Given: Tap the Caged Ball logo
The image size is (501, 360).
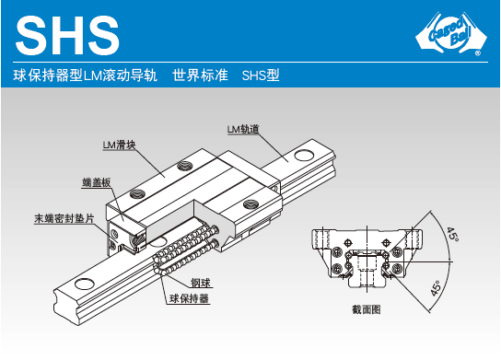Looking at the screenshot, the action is pyautogui.click(x=451, y=33).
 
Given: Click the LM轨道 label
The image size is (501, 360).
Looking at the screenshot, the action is pyautogui.click(x=243, y=130).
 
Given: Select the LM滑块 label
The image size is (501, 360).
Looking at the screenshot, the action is pyautogui.click(x=119, y=145).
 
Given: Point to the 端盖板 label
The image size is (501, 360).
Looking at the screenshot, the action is pyautogui.click(x=97, y=182).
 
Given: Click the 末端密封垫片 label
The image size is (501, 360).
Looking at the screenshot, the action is pyautogui.click(x=64, y=218).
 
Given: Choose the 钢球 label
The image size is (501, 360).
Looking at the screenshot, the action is pyautogui.click(x=201, y=283).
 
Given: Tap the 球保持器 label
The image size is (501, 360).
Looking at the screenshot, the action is pyautogui.click(x=189, y=298).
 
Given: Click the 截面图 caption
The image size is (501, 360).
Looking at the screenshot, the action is pyautogui.click(x=367, y=309).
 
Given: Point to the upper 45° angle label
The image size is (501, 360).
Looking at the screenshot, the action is pyautogui.click(x=452, y=234).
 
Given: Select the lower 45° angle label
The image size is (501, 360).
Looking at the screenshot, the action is pyautogui.click(x=436, y=288).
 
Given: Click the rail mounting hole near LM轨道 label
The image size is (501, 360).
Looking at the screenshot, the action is pyautogui.click(x=304, y=156).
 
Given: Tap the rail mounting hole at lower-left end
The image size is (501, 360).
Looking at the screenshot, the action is pyautogui.click(x=84, y=284).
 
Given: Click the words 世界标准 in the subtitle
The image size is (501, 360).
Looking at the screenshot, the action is pyautogui.click(x=200, y=75).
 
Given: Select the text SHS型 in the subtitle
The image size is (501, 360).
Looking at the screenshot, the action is pyautogui.click(x=261, y=75).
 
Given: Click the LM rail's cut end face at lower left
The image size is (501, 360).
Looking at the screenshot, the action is pyautogui.click(x=66, y=308).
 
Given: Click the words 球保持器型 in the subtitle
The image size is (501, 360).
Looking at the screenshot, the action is pyautogui.click(x=48, y=75).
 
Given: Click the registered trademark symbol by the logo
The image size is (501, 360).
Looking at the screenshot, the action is pyautogui.click(x=478, y=53).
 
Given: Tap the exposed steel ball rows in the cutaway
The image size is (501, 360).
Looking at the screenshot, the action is pyautogui.click(x=185, y=250).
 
